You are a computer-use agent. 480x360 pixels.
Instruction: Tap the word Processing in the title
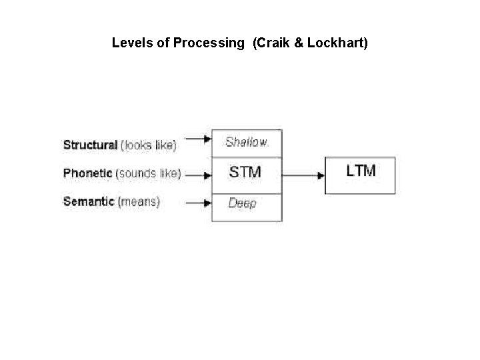[209, 43]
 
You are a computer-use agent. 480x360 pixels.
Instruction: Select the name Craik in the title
[273, 43]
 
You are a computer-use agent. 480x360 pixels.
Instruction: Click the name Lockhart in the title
[337, 43]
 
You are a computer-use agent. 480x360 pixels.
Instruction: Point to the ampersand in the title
[298, 43]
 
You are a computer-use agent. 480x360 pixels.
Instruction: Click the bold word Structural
[90, 145]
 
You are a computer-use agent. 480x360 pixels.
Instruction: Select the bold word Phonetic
[88, 173]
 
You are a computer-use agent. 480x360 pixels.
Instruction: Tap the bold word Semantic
[89, 201]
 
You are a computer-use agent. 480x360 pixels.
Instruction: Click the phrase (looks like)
[148, 145]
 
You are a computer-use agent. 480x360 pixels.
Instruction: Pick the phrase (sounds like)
[148, 173]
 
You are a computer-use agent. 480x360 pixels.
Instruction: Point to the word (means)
[139, 201]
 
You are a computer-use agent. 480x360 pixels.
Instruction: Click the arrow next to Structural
[197, 139]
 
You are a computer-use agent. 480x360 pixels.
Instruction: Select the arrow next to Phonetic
[197, 176]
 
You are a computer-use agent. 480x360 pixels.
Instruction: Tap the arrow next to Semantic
[197, 202]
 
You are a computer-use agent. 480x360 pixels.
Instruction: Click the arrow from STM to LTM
[303, 175]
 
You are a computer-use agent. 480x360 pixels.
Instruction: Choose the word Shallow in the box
[246, 142]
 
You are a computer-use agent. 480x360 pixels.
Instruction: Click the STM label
[245, 173]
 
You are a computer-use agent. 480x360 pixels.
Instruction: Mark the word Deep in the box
[242, 203]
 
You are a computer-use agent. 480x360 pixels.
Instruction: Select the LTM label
[361, 171]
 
